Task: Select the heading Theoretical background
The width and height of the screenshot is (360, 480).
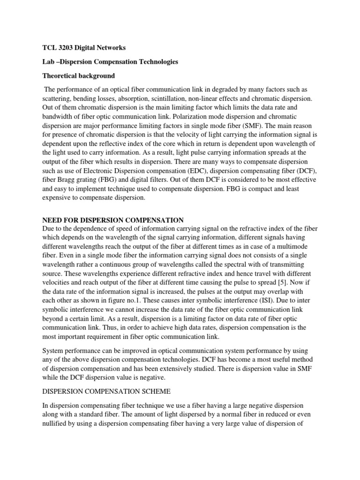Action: (x=78, y=75)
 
